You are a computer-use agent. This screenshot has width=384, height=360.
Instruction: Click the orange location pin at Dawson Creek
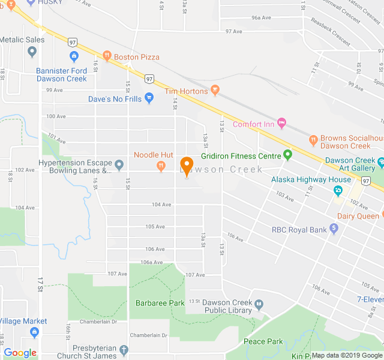coord(186,166)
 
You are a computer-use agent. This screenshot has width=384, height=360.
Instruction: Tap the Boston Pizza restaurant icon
coord(107,56)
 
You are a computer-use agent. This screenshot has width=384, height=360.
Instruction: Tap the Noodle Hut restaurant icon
coord(161,166)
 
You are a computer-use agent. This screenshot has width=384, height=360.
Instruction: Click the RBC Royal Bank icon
coord(334,229)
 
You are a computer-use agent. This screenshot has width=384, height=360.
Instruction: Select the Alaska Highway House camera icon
coord(338,191)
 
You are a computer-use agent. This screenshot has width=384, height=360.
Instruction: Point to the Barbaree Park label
coord(160,303)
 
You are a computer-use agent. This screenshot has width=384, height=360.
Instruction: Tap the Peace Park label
coord(263,341)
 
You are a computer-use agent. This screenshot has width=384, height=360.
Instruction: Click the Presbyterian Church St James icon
coord(124,350)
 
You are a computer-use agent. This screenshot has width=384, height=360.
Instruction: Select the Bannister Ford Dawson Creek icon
coord(74,57)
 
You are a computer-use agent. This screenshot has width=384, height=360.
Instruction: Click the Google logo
coord(20,353)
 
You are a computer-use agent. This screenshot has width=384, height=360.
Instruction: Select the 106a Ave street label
coord(152,262)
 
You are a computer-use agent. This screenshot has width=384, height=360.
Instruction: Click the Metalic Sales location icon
coord(32,52)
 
